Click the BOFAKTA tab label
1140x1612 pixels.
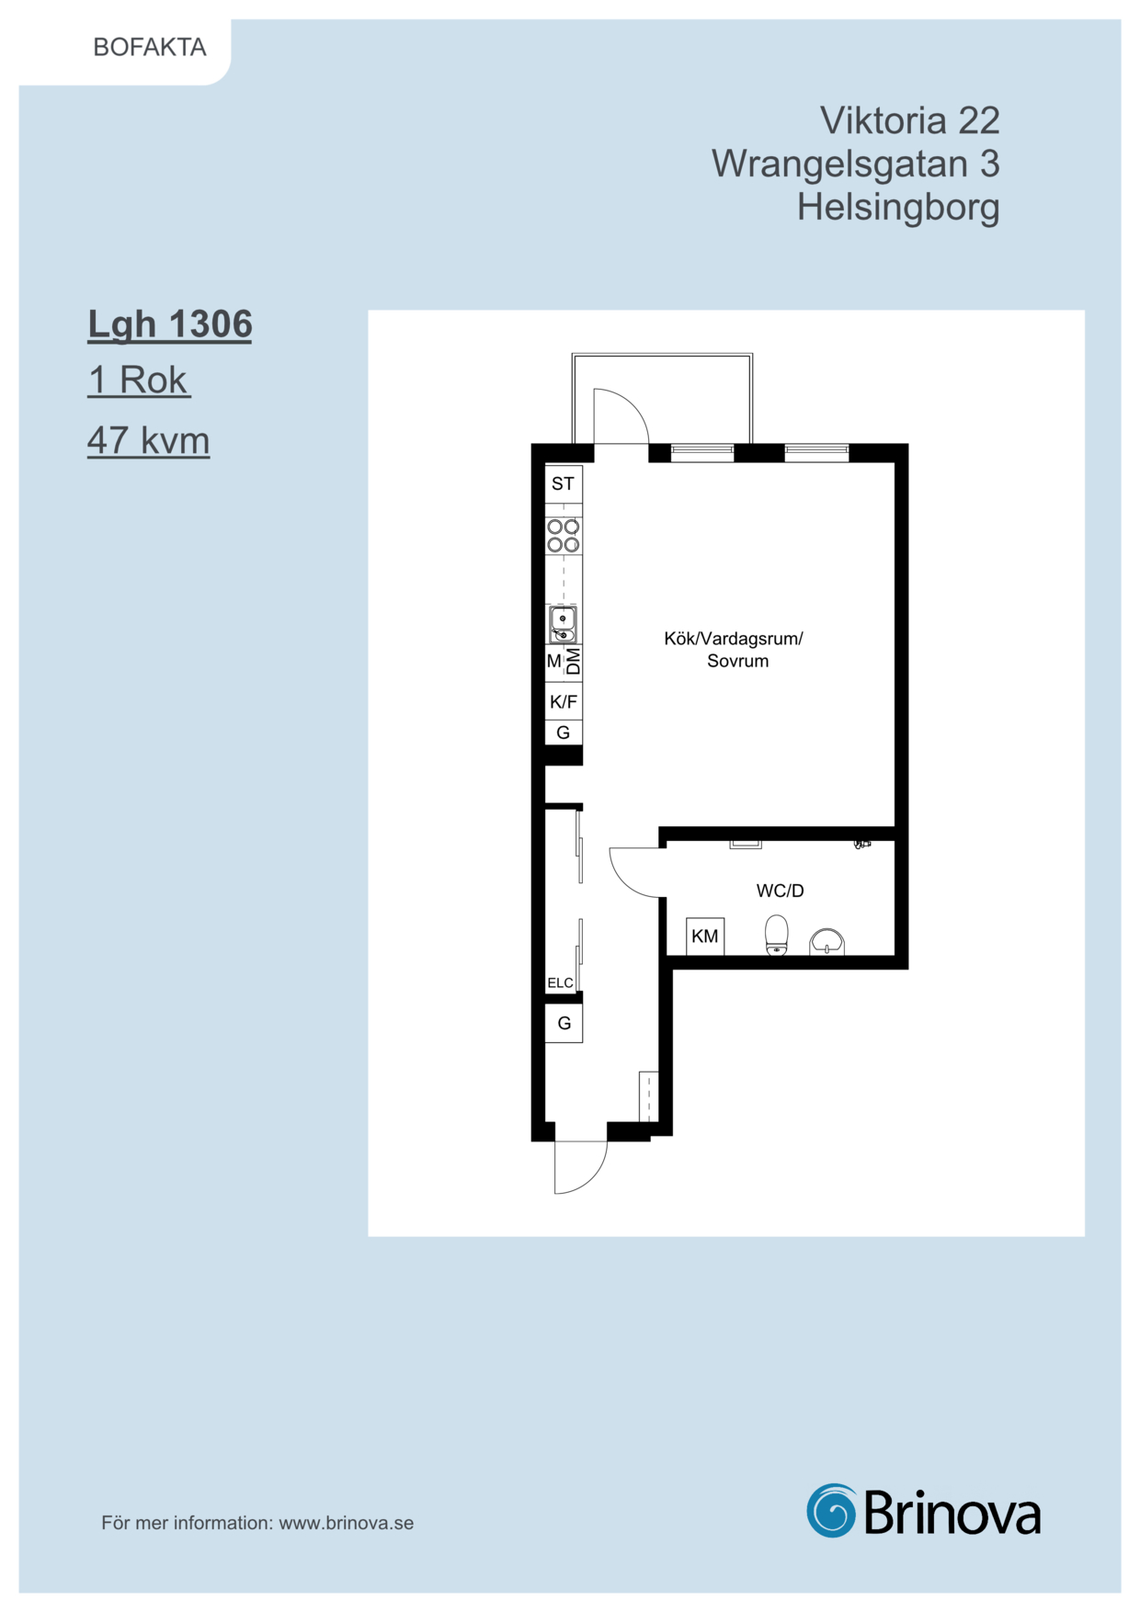point(150,48)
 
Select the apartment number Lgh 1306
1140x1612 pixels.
point(170,325)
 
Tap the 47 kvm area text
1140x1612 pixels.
point(149,440)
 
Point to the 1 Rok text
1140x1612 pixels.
point(139,380)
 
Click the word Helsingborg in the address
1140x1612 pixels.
point(898,208)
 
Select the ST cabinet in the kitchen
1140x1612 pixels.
point(564,484)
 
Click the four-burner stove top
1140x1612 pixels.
point(564,536)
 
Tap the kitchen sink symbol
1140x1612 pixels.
point(563,624)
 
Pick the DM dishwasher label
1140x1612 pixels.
point(574,662)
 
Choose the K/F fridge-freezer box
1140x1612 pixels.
point(564,702)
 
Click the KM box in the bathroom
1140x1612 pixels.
point(705,937)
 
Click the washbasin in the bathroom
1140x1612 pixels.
point(826,942)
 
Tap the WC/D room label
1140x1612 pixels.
point(781,891)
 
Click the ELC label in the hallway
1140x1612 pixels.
point(560,983)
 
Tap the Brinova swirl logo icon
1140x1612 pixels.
point(832,1510)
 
